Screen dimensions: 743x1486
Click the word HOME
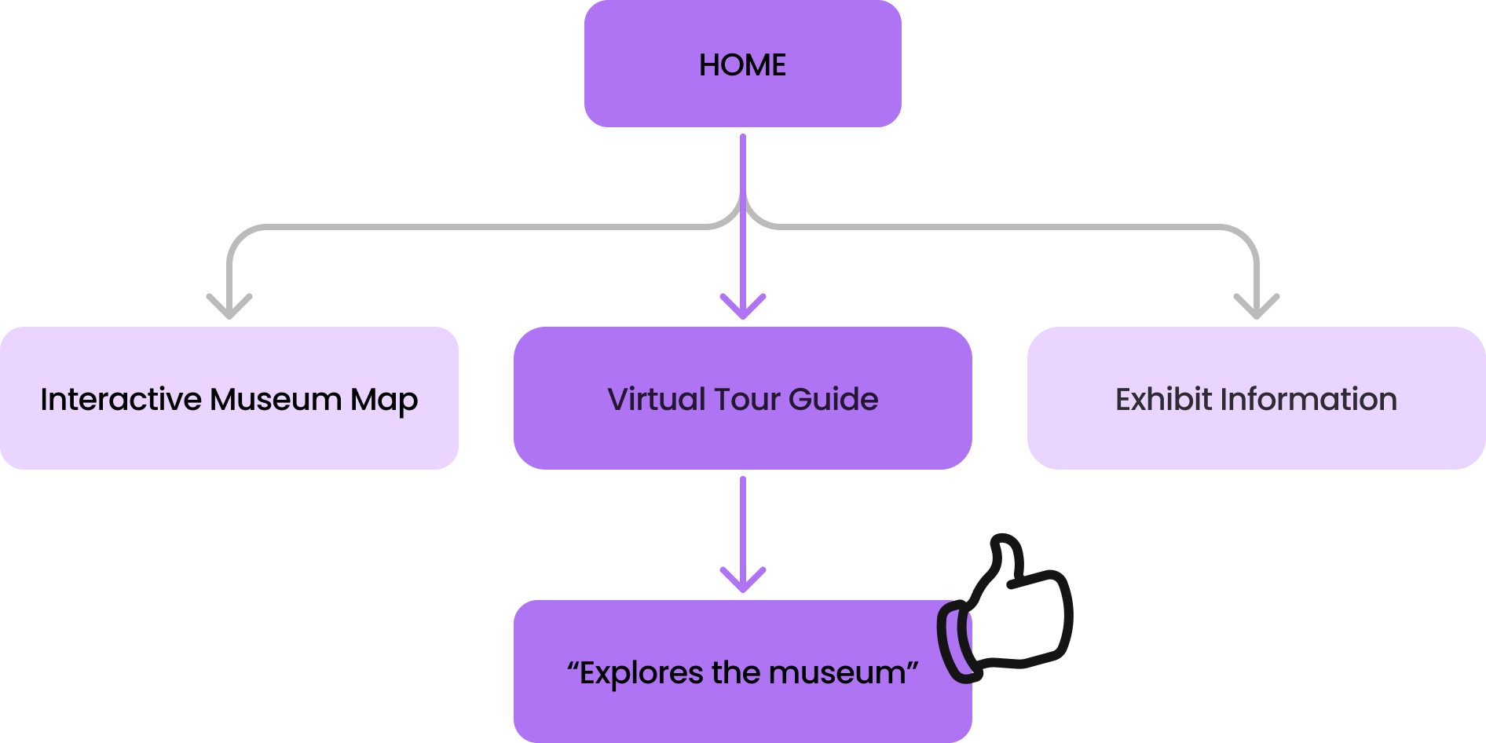[742, 64]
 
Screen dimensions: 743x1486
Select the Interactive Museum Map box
[229, 440]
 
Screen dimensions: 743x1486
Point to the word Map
[384, 401]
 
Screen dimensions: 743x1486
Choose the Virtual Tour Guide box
[742, 440]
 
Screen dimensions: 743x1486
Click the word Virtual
[657, 399]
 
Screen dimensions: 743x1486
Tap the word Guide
[833, 399]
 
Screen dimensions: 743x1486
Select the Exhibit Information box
[1256, 440]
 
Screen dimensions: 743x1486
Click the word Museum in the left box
[276, 399]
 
